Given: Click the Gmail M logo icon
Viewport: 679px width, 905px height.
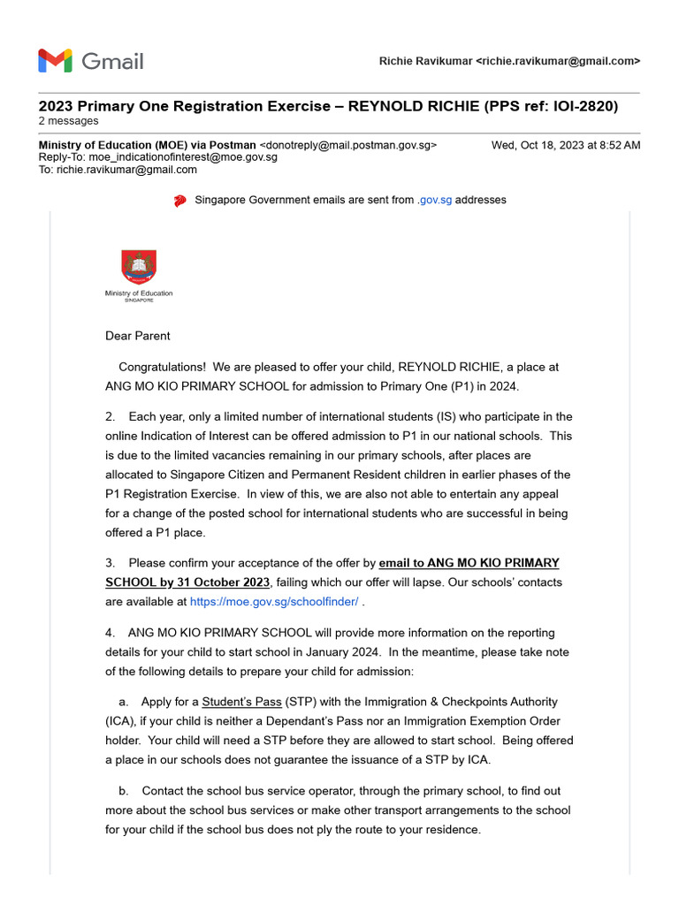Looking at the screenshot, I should click(x=55, y=61).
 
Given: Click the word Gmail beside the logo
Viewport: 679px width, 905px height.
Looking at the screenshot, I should click(x=112, y=61).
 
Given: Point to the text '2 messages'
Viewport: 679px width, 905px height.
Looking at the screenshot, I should click(x=69, y=121).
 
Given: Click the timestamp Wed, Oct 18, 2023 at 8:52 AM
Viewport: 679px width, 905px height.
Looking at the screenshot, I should click(x=566, y=145).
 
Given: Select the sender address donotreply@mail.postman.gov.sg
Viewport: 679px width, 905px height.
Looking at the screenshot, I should click(x=347, y=145).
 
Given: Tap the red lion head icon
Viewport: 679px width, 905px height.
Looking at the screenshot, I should click(x=180, y=201).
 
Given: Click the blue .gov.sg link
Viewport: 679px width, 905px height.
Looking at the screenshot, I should click(x=434, y=201).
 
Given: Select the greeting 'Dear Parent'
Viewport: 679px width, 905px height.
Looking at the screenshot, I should click(x=138, y=336).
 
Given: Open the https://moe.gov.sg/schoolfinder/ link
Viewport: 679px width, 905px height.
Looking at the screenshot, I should click(x=274, y=602).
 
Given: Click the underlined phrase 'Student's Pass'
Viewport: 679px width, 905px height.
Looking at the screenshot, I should click(x=242, y=702).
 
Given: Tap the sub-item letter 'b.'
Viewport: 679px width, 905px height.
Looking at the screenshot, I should click(x=123, y=791).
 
